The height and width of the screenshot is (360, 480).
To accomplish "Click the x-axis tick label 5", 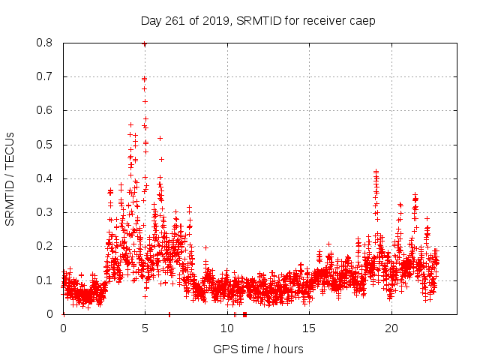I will tap(145, 328).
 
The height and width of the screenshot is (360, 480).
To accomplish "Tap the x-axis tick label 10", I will tap(227, 328).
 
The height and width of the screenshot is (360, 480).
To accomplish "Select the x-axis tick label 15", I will tap(309, 328).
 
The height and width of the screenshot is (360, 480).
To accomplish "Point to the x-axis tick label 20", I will tap(391, 328).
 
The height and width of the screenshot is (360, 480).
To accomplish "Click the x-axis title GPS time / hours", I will tap(258, 349).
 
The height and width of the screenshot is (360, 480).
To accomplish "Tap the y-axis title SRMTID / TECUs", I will tap(10, 178).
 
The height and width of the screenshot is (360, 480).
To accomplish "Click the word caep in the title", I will tap(361, 20).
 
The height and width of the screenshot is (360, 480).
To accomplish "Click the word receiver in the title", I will tap(324, 20).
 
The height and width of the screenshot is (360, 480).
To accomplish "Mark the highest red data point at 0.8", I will tap(144, 44).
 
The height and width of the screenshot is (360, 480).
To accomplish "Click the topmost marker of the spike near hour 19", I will tap(376, 172).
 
